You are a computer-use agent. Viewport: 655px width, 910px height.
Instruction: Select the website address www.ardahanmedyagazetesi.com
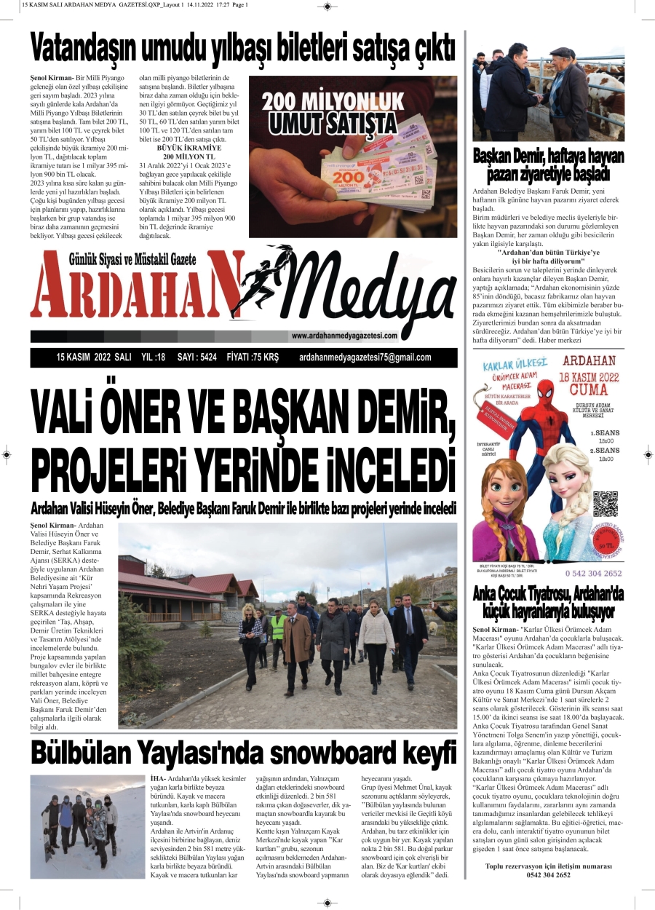(x=344, y=336)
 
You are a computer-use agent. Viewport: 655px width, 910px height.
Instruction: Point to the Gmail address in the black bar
(x=365, y=357)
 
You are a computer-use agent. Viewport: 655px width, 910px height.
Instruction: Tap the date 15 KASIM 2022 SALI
(x=94, y=357)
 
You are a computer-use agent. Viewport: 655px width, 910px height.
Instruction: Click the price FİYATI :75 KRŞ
(x=253, y=357)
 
